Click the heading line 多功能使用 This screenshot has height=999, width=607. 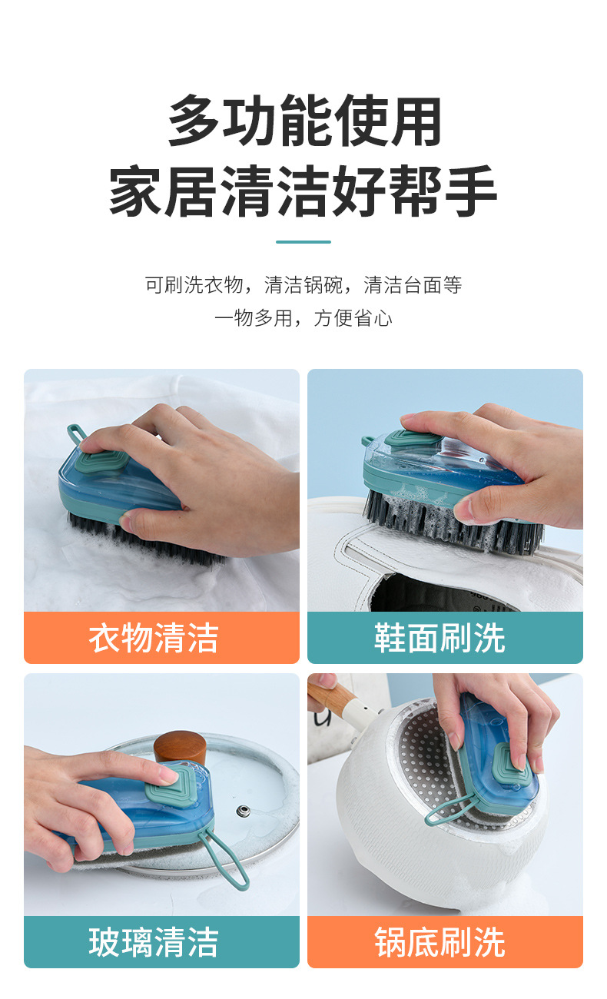click(304, 121)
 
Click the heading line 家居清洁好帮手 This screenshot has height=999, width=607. click(303, 192)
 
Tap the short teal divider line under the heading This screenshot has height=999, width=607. click(303, 242)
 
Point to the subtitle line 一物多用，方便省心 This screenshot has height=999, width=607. click(303, 318)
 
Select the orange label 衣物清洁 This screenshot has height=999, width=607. click(161, 638)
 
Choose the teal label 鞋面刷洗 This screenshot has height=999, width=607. click(445, 638)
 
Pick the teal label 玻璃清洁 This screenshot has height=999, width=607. click(161, 942)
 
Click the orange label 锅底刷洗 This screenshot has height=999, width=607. click(445, 942)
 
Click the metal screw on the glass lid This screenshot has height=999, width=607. click(245, 810)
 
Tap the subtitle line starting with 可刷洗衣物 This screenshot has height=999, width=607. click(303, 285)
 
